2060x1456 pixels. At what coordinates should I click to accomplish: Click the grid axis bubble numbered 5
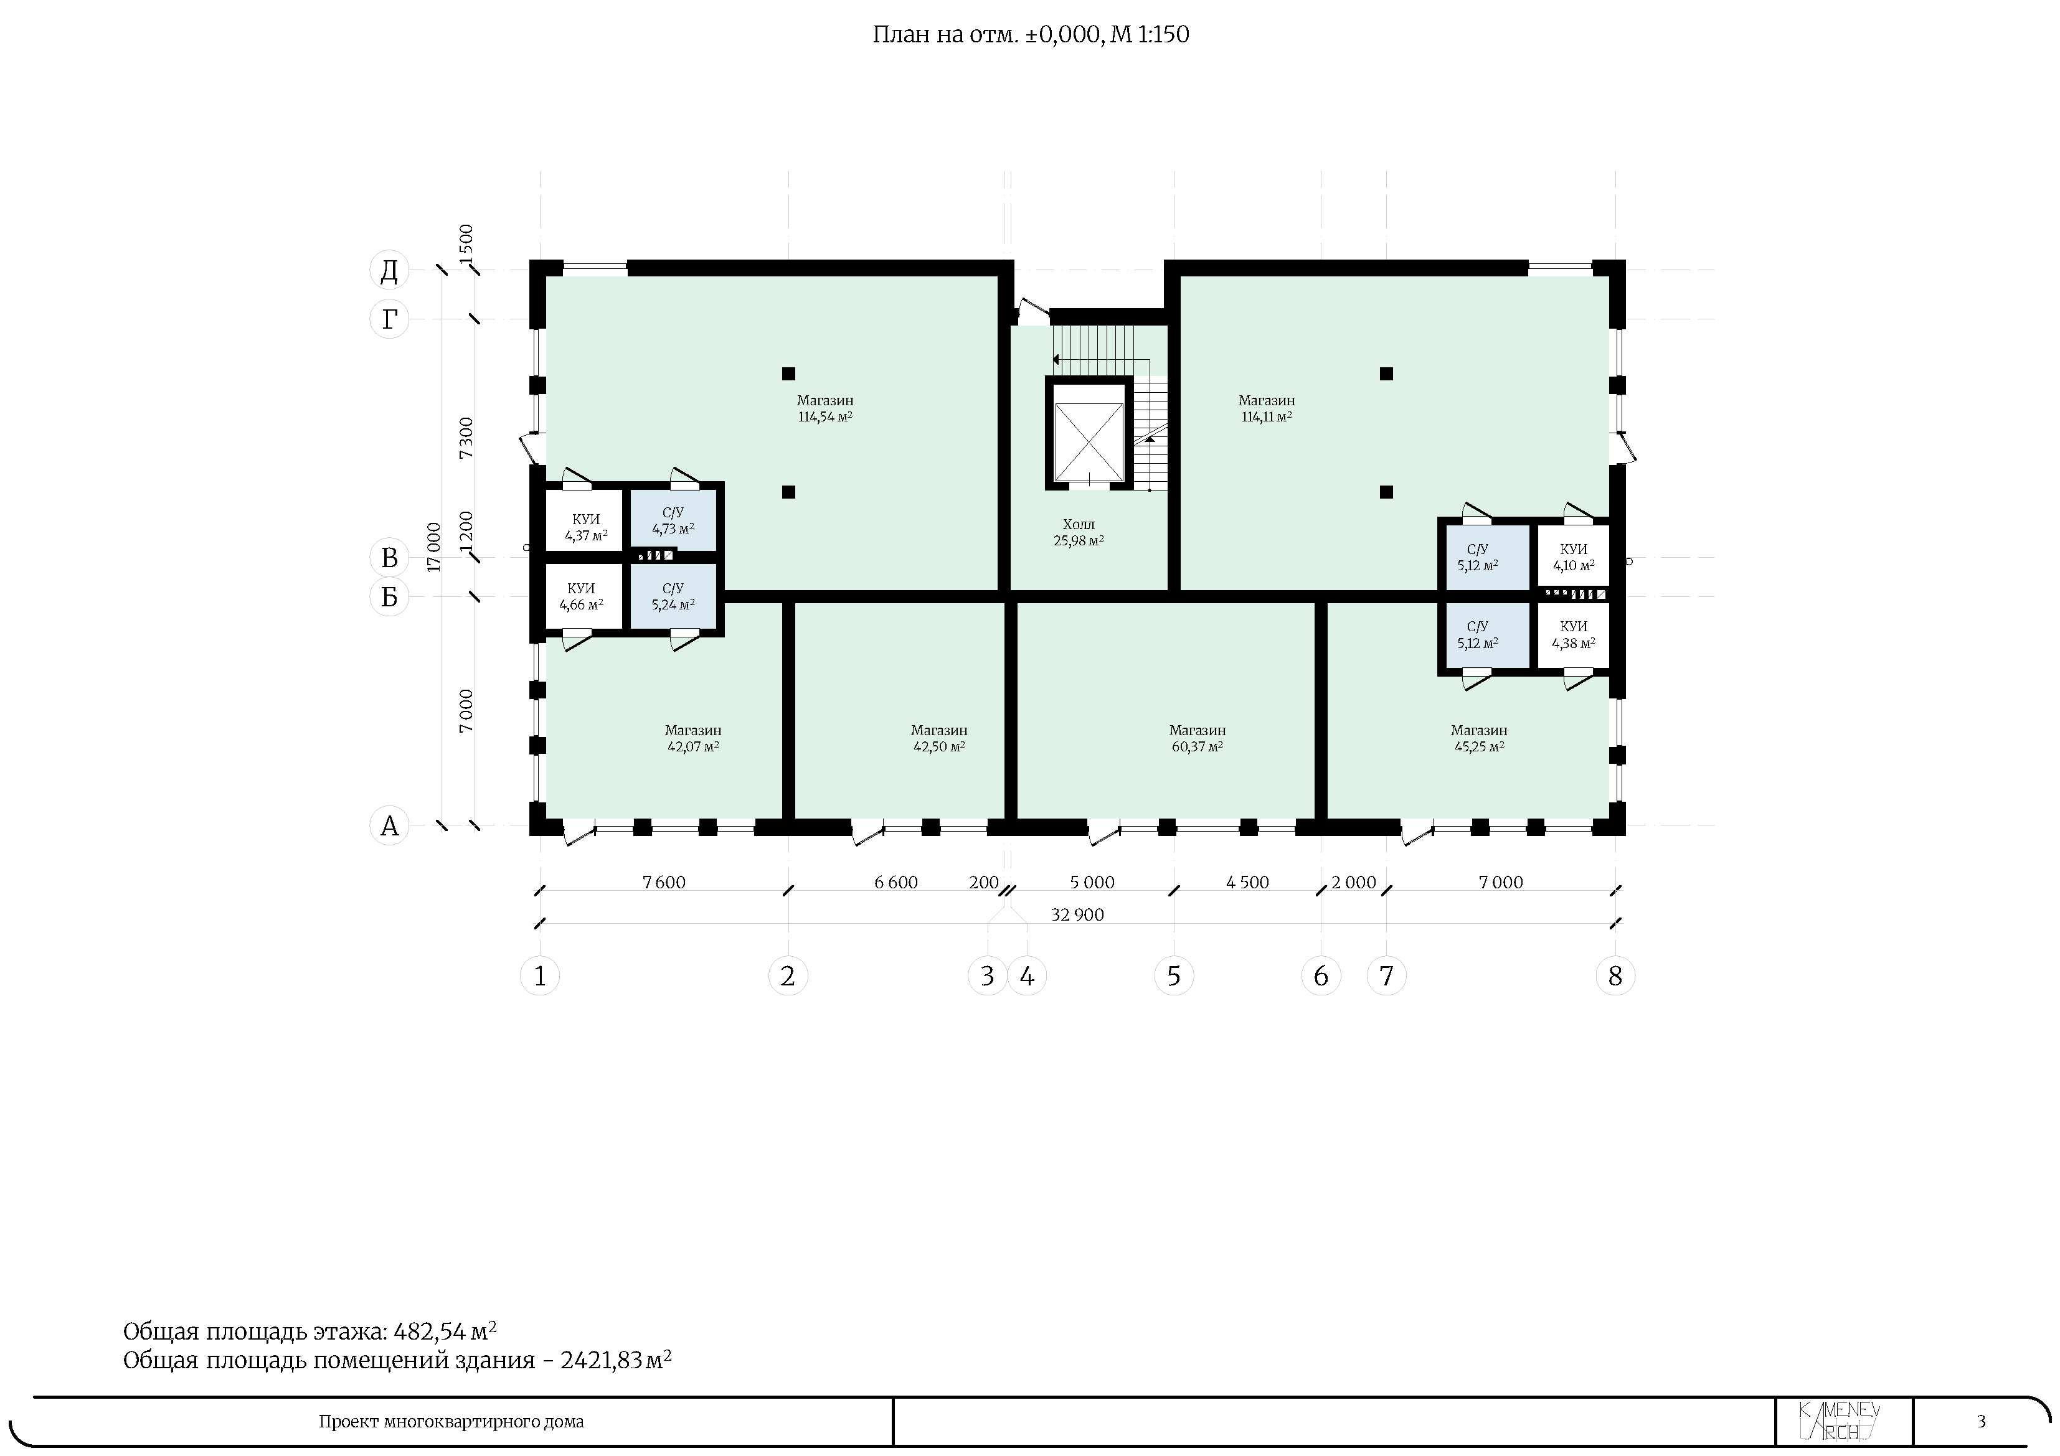tap(1174, 975)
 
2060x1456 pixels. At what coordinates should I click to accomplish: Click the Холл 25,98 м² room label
tap(1079, 532)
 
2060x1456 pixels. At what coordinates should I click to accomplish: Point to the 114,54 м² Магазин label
tap(824, 408)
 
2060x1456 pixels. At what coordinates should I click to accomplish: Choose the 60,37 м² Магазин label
tap(1197, 738)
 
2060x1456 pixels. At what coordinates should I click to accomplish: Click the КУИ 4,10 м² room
tap(1573, 557)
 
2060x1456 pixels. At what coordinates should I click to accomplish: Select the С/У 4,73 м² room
tap(673, 521)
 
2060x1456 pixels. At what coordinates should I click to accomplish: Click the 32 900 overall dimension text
tap(1077, 914)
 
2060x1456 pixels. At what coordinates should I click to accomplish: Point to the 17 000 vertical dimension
tap(434, 547)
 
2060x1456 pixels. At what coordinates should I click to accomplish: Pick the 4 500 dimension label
tap(1247, 882)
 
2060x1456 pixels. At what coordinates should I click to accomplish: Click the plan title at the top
tap(1031, 35)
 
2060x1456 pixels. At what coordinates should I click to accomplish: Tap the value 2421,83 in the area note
tap(601, 1361)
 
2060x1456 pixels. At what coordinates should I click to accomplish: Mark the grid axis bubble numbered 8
tap(1615, 975)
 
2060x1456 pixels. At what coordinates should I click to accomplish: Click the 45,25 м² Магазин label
tap(1478, 738)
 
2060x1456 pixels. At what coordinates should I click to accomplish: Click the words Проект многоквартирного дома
tap(451, 1422)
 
